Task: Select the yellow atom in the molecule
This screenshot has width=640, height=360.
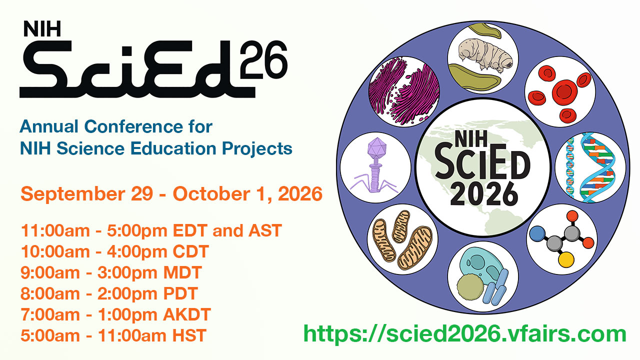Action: tap(566, 259)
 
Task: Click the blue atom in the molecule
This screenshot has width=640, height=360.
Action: tap(537, 233)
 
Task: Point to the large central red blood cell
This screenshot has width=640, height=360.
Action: tap(564, 91)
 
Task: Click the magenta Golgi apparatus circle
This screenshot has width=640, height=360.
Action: tap(403, 91)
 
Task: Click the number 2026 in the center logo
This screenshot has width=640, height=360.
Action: tap(484, 194)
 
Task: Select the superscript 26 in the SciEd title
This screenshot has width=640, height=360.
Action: tap(263, 59)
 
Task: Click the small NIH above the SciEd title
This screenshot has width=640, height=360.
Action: tap(42, 29)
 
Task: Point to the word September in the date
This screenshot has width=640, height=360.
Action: tap(73, 194)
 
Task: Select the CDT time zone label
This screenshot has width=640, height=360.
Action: tap(190, 251)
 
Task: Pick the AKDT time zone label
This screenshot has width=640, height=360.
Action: tap(187, 314)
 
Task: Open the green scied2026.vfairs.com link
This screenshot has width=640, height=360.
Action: tap(465, 333)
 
